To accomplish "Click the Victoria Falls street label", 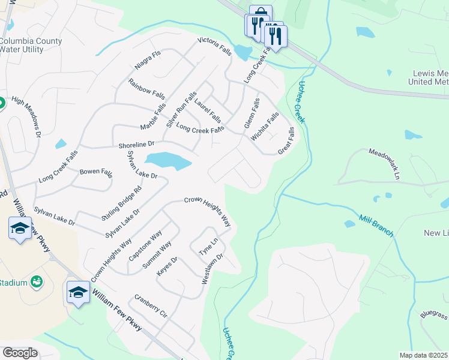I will click(x=215, y=47).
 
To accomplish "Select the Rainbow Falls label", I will click(x=146, y=89).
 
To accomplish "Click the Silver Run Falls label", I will click(x=182, y=109).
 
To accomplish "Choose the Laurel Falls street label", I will click(x=208, y=107).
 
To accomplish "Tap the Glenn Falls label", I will click(x=252, y=113).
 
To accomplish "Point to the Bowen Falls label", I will click(x=96, y=172).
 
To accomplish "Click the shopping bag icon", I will click(x=261, y=13).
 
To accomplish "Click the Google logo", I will click(x=20, y=352).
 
